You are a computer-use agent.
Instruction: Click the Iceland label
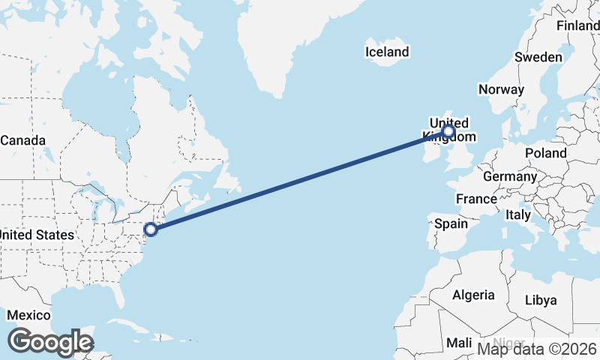[x=387, y=52]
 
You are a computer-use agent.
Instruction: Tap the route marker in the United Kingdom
[x=448, y=132]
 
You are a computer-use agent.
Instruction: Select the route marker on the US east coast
[x=151, y=229]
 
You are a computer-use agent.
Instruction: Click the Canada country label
[x=22, y=140]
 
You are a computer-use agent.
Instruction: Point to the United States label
[x=36, y=235]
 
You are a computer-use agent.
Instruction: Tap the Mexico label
[x=28, y=314]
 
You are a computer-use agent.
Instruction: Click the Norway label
[x=501, y=89]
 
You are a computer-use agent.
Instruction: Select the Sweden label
[x=538, y=58]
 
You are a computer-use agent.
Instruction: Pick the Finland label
[x=577, y=25]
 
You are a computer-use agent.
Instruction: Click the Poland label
[x=546, y=152]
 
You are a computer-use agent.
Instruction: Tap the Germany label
[x=510, y=177]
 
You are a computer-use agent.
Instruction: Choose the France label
[x=476, y=199]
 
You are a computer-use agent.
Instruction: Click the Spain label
[x=451, y=223]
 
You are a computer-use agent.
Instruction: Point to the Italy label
[x=518, y=214]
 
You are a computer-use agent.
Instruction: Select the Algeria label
[x=473, y=295]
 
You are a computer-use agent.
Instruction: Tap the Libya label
[x=541, y=300]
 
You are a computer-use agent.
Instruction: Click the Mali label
[x=459, y=343]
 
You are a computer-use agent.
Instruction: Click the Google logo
[x=50, y=342]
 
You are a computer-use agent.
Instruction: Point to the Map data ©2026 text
[x=538, y=349]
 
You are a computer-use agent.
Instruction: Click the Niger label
[x=510, y=342]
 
